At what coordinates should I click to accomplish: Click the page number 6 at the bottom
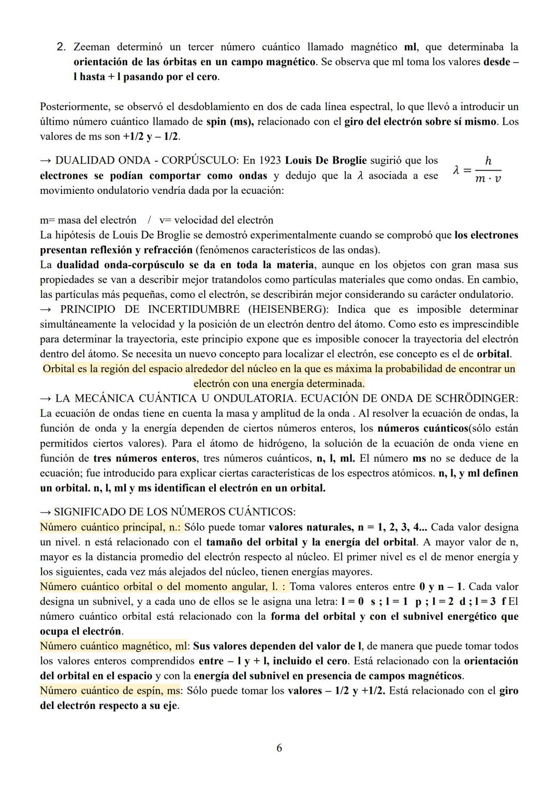coord(279,748)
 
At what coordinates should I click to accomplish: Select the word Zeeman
coord(92,47)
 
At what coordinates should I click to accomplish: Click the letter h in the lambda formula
coord(488,161)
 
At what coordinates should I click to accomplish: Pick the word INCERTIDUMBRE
coord(194,309)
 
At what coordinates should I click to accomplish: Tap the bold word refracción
coord(163,250)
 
